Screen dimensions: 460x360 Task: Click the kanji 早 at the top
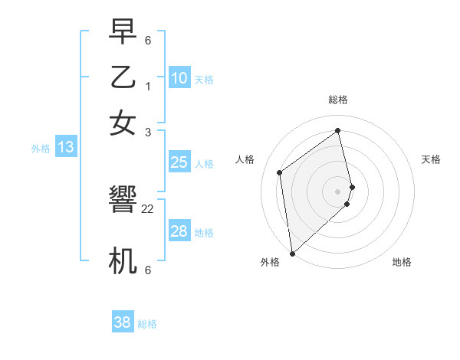click(x=123, y=33)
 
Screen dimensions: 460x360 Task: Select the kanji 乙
click(x=123, y=77)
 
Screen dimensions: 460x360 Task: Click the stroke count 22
click(x=148, y=208)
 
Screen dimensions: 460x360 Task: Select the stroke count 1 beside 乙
click(x=148, y=86)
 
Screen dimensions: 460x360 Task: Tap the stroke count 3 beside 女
click(x=148, y=132)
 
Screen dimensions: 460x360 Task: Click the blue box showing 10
click(x=179, y=78)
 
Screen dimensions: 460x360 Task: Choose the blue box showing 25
click(x=179, y=162)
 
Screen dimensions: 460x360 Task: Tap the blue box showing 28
click(x=179, y=231)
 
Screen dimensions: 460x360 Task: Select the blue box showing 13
click(x=66, y=147)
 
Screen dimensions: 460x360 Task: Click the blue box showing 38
click(x=123, y=322)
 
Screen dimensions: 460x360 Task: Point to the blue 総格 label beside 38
click(x=147, y=324)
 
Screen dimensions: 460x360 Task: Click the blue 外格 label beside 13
click(x=41, y=149)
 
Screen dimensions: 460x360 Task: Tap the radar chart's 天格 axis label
click(x=431, y=159)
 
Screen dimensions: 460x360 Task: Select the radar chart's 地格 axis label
click(x=402, y=262)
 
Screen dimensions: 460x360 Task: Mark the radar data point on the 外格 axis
click(x=291, y=254)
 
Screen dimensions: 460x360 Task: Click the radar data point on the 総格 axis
click(x=338, y=130)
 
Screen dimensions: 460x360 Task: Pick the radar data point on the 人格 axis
click(x=280, y=172)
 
